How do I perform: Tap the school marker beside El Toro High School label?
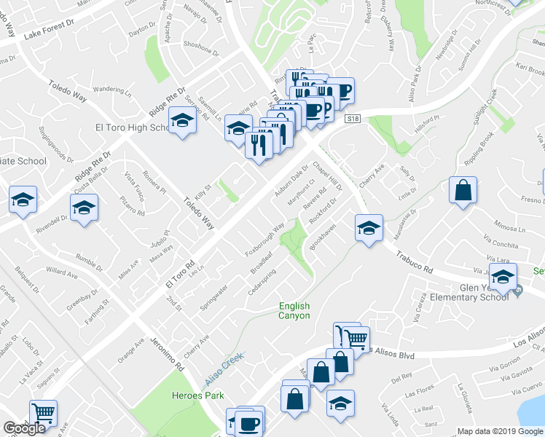pos(181,121)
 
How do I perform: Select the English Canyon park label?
pos(294,311)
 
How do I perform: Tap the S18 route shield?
pos(353,119)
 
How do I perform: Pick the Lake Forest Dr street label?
pos(49,28)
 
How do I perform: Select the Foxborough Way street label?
pos(264,238)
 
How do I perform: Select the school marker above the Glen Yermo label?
pos(503,277)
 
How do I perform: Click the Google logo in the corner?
pos(24,428)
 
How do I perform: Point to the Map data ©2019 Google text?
pos(500,431)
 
